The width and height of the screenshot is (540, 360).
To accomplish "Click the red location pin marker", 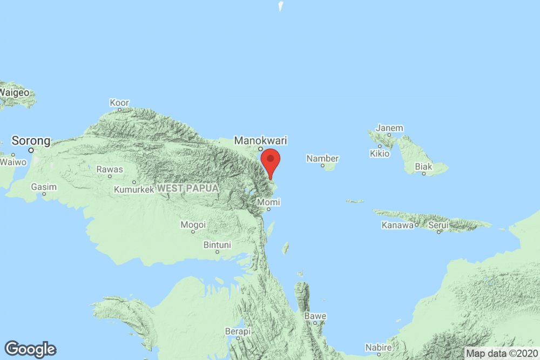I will (271, 160).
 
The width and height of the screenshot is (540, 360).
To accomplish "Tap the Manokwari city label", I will (260, 141).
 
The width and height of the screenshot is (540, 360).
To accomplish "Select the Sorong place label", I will (31, 141).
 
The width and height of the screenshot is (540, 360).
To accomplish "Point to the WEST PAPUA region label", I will (188, 188).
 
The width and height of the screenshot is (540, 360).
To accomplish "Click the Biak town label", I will (423, 167).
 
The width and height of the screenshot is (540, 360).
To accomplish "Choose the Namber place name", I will (322, 159).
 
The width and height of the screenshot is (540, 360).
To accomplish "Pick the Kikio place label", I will (380, 154).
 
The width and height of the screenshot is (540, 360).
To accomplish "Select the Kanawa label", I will (397, 225).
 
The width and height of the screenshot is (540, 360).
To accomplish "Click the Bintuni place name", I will (217, 245).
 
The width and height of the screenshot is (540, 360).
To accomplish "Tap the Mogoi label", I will (193, 224).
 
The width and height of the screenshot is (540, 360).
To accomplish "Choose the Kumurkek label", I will (133, 189).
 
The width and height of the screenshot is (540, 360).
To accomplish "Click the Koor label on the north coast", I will (119, 102).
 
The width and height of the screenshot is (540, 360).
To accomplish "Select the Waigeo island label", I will (15, 92).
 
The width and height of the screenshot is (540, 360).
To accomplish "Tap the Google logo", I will (30, 349).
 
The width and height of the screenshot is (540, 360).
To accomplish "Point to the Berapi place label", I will (238, 331).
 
